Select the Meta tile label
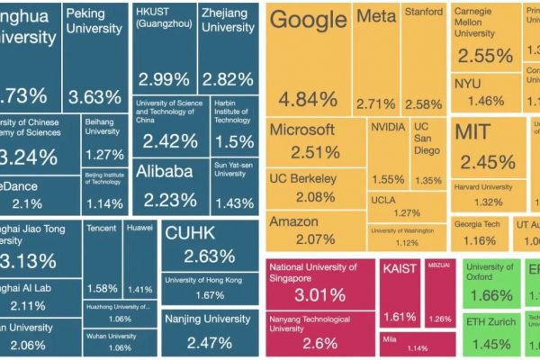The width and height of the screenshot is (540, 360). point(376,17)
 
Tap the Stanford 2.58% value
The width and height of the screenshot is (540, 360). point(422,104)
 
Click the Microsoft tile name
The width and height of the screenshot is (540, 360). point(302,130)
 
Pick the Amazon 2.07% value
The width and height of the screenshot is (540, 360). point(302,239)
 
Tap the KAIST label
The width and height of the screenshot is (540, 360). point(400,268)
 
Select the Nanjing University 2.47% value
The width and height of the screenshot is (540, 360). point(208,341)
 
